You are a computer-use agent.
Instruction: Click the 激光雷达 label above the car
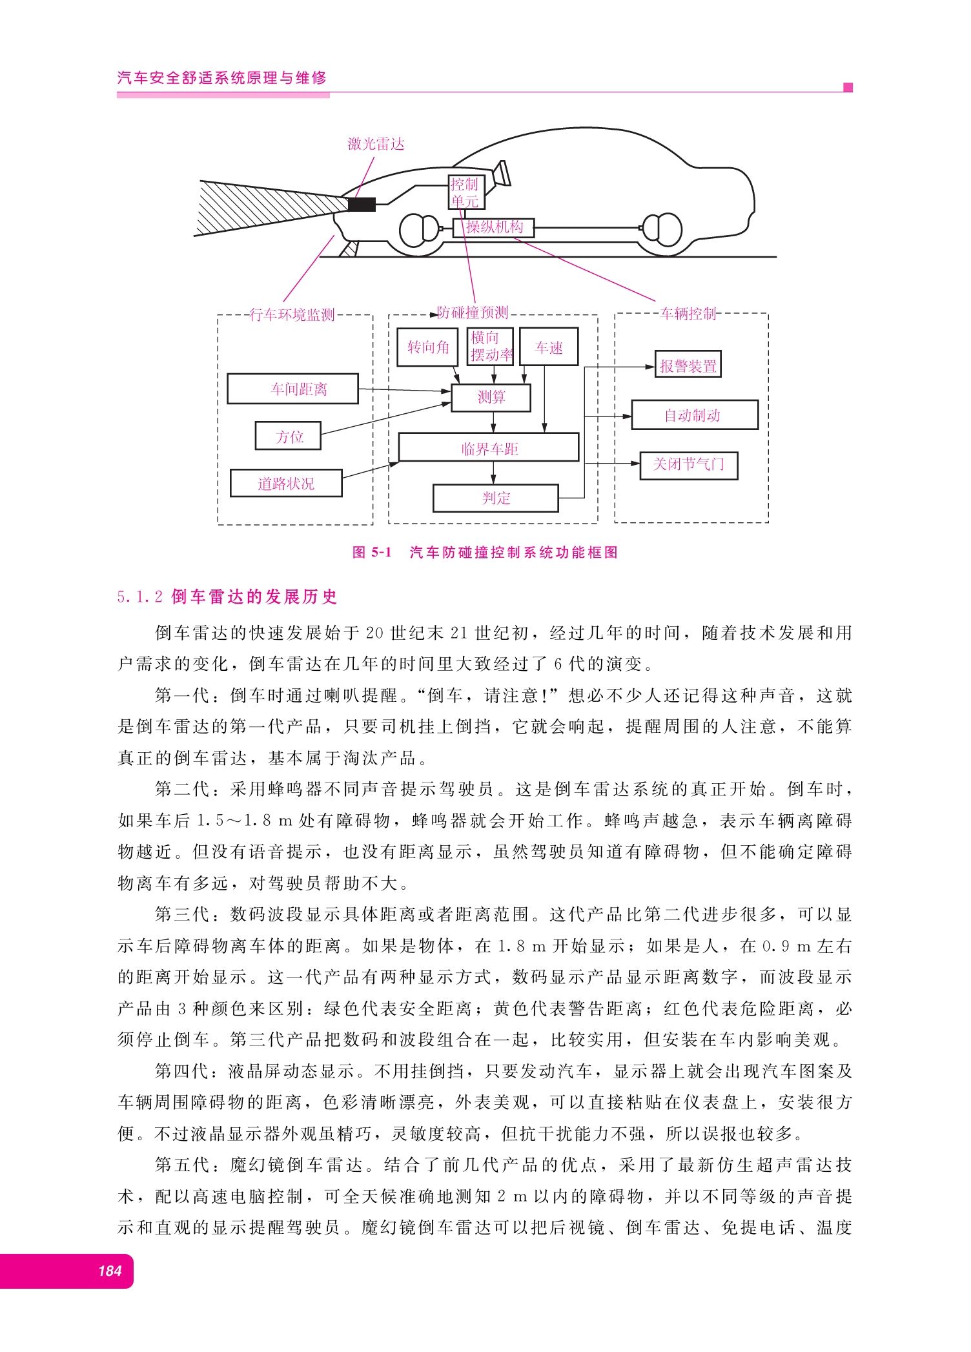(376, 144)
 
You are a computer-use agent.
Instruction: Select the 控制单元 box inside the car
(466, 192)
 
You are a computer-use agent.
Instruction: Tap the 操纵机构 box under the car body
(494, 227)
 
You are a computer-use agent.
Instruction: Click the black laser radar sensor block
(362, 205)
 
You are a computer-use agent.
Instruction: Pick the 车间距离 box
(292, 389)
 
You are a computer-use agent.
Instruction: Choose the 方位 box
(288, 436)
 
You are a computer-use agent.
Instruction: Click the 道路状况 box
(286, 484)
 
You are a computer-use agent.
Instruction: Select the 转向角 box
(427, 347)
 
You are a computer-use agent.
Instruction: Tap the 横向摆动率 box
(490, 347)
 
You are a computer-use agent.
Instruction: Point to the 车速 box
(549, 347)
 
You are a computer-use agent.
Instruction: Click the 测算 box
(491, 398)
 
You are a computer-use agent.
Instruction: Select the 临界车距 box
(489, 447)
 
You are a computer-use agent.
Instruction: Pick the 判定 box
(496, 498)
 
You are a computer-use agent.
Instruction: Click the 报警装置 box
(688, 365)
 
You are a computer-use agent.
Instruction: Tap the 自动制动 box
(695, 415)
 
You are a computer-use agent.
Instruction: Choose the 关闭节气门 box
(689, 465)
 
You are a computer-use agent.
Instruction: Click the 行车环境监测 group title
(292, 314)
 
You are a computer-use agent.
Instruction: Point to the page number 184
(110, 1271)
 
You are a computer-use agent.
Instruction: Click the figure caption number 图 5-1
(373, 552)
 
